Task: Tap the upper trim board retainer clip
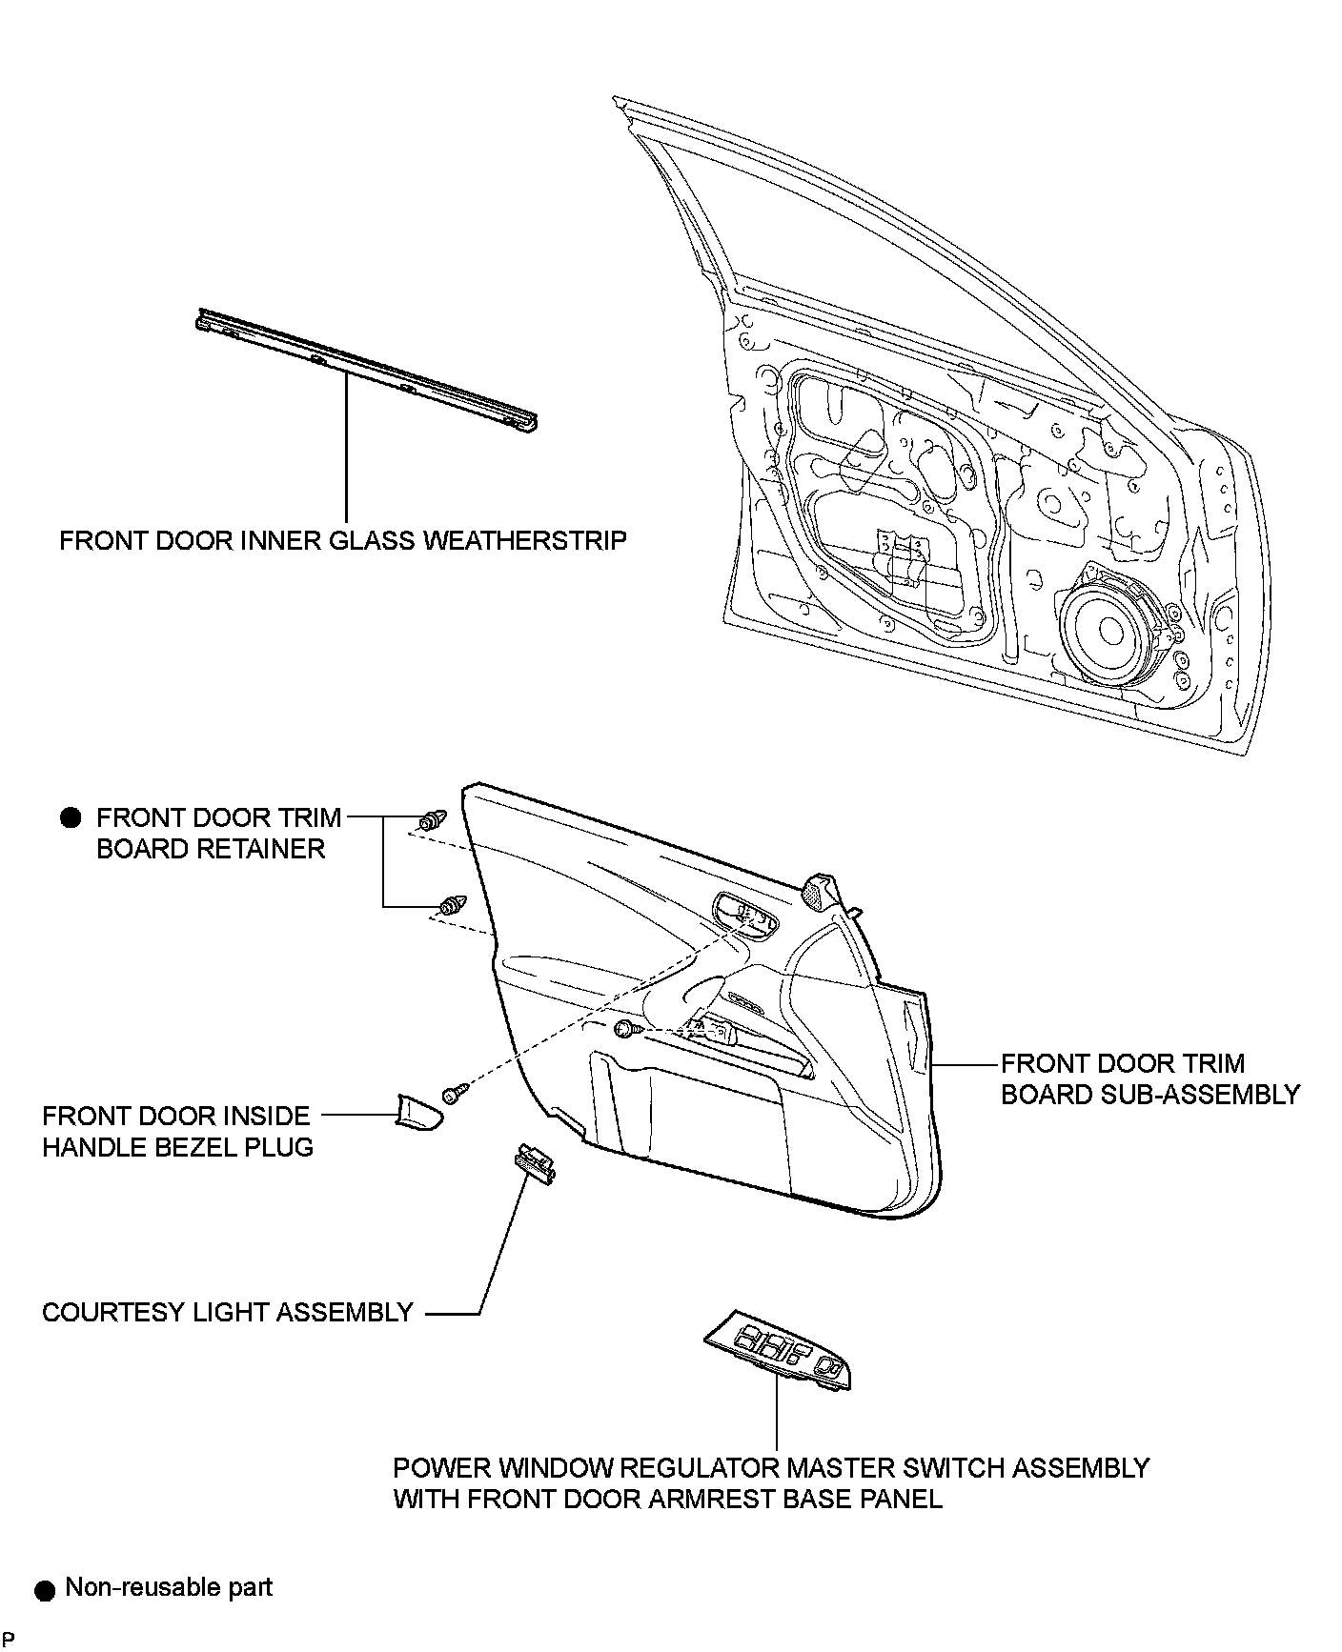click(433, 818)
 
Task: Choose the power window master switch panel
click(777, 1348)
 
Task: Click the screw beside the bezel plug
click(455, 1092)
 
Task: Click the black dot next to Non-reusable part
click(44, 1589)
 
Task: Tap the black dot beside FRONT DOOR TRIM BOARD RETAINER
click(71, 817)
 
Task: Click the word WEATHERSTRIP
click(524, 541)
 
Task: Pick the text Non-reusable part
click(169, 1587)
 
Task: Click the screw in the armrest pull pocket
click(624, 1028)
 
